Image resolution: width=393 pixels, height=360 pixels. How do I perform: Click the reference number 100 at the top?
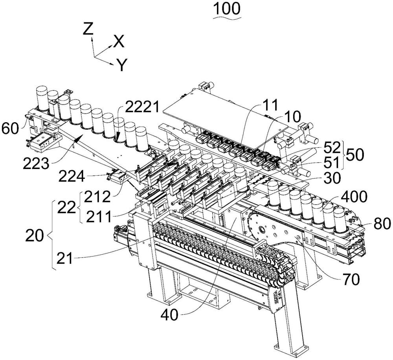(227, 9)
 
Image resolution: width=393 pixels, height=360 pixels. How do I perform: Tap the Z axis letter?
(88, 28)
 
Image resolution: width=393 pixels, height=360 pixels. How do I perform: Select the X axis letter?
(119, 41)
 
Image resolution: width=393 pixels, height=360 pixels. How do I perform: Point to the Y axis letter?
(122, 65)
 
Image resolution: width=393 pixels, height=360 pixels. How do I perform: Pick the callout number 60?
(10, 129)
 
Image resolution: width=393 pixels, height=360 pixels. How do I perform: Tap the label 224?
(72, 177)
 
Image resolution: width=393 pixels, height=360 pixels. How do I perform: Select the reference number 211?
(99, 217)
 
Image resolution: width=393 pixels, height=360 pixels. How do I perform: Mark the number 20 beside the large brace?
(35, 237)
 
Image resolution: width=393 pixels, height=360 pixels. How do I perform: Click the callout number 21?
(65, 259)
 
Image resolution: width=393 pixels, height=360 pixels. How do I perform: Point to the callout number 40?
(170, 315)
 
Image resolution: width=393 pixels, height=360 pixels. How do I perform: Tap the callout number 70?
(351, 279)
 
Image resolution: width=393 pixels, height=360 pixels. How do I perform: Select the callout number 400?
(355, 197)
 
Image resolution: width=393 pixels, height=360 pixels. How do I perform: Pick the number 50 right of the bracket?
(355, 155)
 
